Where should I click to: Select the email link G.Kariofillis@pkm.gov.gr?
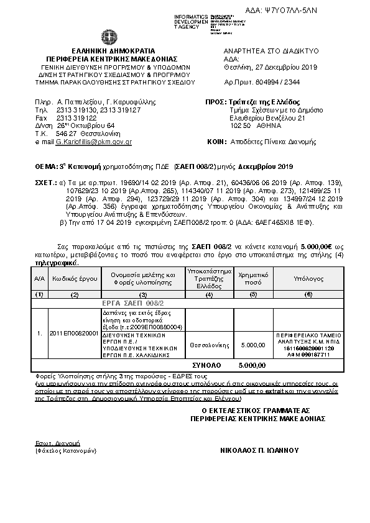[94, 142]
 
